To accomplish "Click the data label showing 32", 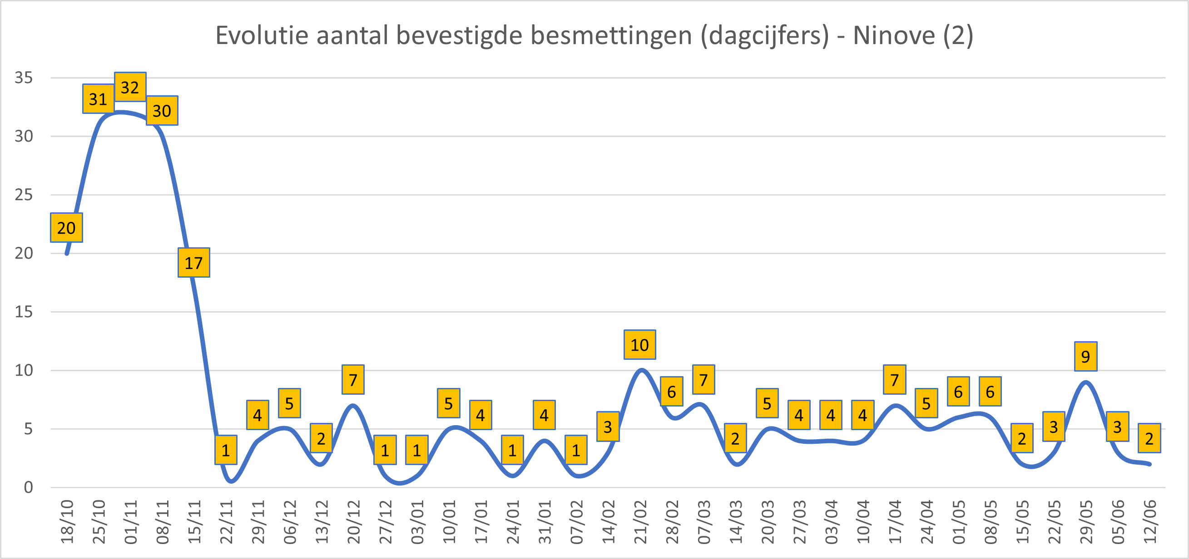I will [130, 87].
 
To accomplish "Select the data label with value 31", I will [98, 99].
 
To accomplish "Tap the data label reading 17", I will [194, 262].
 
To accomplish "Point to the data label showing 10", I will [640, 344].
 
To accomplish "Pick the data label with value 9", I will [1085, 356].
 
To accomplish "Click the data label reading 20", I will [66, 227].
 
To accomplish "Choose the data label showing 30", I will [162, 111].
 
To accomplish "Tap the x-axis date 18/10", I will [67, 522].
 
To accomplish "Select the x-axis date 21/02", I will [641, 522].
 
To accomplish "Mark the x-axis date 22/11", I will [227, 522].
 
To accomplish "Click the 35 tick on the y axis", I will [24, 78].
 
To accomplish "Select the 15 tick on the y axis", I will [24, 312].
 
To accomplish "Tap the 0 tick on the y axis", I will [29, 487].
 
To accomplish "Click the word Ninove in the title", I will [894, 35].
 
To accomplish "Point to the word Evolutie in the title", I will [262, 35].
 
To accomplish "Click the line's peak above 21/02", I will [642, 370].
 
